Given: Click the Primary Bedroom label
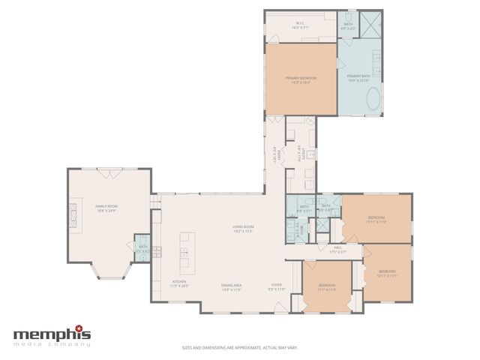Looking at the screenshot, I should (x=301, y=79).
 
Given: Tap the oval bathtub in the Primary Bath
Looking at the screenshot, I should (x=361, y=105).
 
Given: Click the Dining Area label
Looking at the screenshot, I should (x=231, y=286).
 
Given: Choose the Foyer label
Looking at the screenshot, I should (x=276, y=286).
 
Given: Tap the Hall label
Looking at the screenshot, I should (x=337, y=249).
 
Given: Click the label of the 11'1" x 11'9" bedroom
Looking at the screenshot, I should (x=326, y=287).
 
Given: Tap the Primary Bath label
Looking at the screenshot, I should (x=358, y=77).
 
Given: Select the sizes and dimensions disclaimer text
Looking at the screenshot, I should (x=240, y=348).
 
